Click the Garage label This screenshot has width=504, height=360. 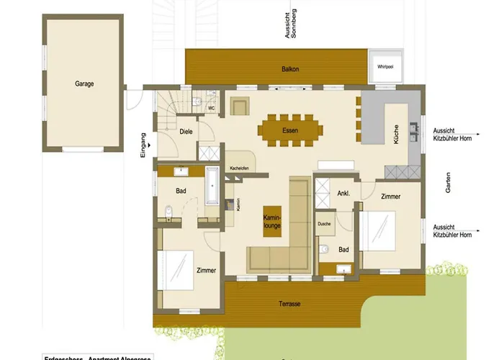pos(84,84)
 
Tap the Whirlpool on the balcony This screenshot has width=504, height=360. pos(385,66)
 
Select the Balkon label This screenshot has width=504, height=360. pos(289,69)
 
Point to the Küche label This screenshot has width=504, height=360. pos(396,135)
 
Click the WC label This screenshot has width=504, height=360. pos(211,108)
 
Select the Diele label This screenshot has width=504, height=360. pos(185,132)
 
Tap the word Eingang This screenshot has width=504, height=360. pos(144,145)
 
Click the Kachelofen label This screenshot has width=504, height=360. pos(239,168)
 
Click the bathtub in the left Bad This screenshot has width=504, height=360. pos(212,185)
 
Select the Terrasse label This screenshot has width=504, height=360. pos(289,304)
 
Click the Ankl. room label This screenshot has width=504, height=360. pos(343,192)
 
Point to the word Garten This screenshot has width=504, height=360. pos(448,185)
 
